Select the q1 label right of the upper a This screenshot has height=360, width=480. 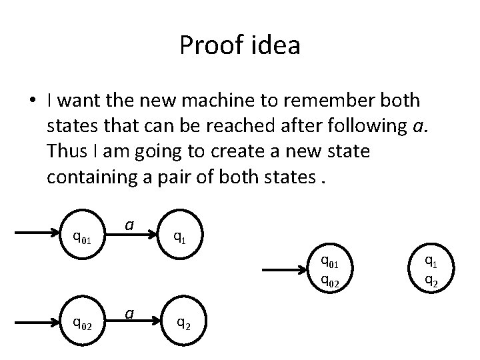pyautogui.click(x=179, y=235)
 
